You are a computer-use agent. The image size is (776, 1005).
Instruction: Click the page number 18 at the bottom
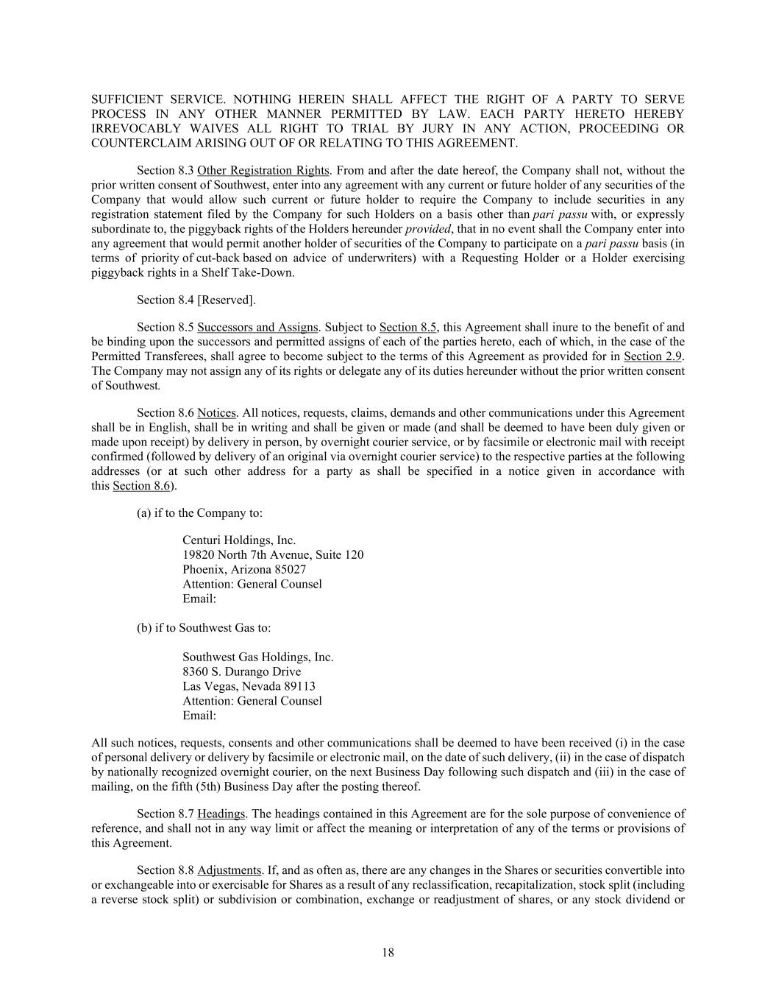coord(388,953)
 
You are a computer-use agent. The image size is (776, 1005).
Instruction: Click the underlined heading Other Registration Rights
coord(263,171)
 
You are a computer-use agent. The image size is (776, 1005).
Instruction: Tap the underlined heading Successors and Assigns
coord(257,328)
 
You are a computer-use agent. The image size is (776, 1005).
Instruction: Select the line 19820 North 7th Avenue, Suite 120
coord(273,555)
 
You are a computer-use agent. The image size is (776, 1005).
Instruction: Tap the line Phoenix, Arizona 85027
coord(244,570)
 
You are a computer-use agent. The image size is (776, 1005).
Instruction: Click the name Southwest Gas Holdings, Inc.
coord(257,657)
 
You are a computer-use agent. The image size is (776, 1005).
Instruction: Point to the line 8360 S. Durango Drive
coord(241,672)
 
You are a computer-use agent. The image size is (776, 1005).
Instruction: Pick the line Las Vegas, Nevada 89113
coord(249,687)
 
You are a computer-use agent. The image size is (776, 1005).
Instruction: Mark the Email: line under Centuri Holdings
coord(199,599)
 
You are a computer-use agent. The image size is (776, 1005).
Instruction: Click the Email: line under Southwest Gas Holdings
coord(199,716)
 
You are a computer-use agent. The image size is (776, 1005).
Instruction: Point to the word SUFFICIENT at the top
coord(127,99)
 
